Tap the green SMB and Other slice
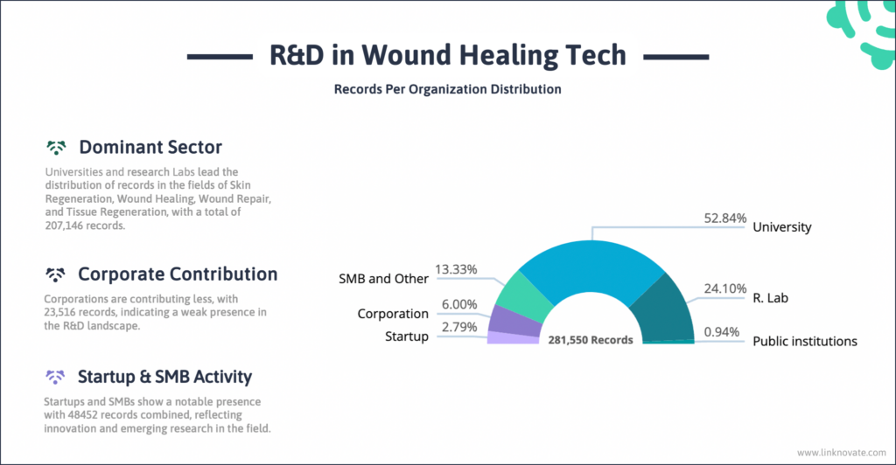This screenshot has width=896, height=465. pos(526,295)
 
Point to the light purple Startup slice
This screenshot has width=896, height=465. pos(512,337)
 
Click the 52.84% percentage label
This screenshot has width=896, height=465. pos(726,218)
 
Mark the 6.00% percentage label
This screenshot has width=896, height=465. pos(458,305)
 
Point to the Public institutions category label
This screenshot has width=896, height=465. pos(805,341)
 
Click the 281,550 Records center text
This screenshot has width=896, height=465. pos(590,339)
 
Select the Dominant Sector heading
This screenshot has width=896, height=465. pos(150,147)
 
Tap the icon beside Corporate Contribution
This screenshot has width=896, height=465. pos(57,274)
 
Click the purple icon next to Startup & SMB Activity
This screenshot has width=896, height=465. pos(57,377)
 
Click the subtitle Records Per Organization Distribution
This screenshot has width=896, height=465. pos(447,89)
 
